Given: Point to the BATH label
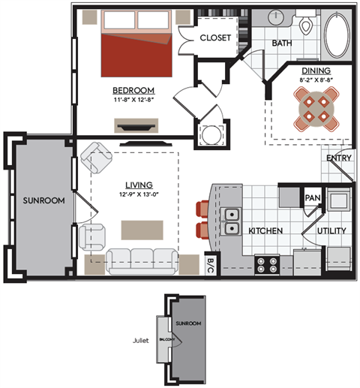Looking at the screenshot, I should click(282, 44).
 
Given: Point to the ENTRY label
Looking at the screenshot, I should click(339, 158).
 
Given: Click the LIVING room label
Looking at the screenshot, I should click(139, 185).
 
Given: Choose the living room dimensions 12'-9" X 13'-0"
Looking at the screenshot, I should click(139, 194).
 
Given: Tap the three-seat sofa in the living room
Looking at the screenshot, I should click(142, 260).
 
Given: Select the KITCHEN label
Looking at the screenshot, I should click(265, 230).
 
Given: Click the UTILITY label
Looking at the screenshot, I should click(330, 230).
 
